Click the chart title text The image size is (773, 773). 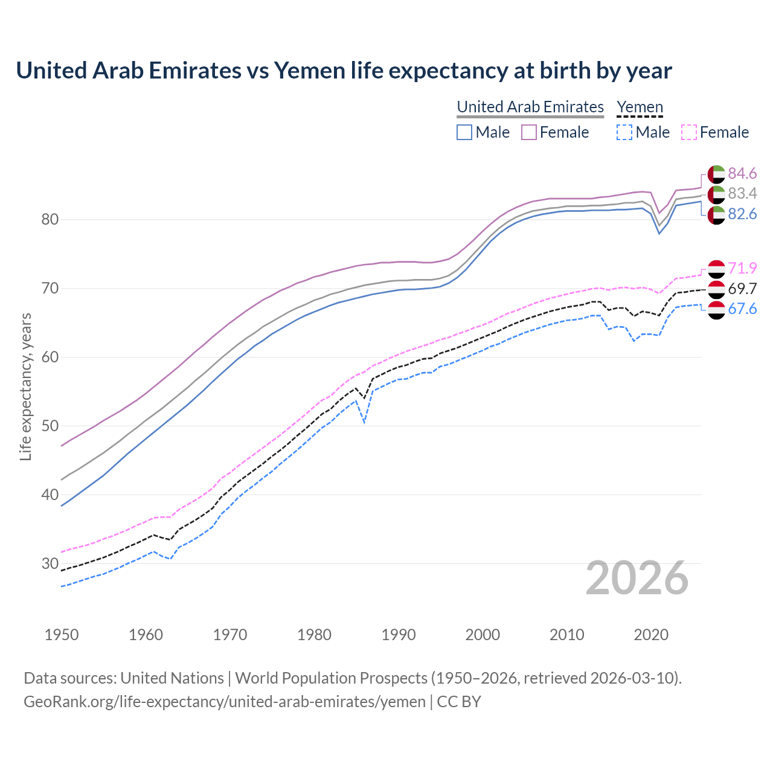344,71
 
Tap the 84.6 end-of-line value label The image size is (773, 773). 742,174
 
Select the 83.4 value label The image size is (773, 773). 742,194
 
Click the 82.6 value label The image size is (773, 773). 742,214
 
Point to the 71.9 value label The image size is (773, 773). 742,268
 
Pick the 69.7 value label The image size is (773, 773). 742,289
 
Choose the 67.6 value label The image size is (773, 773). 742,309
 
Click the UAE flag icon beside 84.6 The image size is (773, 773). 716,174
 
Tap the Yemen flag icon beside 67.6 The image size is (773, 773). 716,310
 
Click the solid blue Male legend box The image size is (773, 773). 464,132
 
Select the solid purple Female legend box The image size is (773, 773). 529,132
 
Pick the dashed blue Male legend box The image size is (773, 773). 624,132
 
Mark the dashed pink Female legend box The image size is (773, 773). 689,132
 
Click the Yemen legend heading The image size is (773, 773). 640,107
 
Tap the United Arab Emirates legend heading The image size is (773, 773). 530,107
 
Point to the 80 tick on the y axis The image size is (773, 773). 50,219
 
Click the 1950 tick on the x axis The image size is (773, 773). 62,635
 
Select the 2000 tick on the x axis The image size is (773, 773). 483,635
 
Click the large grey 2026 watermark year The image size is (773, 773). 637,578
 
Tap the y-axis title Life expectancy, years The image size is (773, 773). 25,386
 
